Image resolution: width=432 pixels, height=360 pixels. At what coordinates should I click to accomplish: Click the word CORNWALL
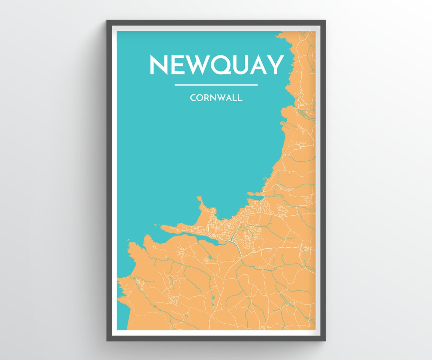tap(216, 98)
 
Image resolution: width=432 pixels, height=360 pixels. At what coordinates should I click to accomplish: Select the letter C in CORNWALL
tap(193, 98)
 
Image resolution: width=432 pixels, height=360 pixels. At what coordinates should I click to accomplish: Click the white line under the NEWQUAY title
tap(216, 85)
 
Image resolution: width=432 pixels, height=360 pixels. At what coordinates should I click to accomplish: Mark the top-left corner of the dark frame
tap(107, 20)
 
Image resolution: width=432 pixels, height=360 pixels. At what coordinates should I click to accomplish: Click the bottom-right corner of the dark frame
tap(325, 340)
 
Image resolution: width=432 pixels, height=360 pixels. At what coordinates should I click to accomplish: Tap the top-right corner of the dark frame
tap(325, 20)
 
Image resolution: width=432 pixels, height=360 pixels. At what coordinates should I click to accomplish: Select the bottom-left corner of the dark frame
tap(107, 340)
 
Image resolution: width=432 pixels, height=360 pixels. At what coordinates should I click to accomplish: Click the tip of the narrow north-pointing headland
tap(198, 198)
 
